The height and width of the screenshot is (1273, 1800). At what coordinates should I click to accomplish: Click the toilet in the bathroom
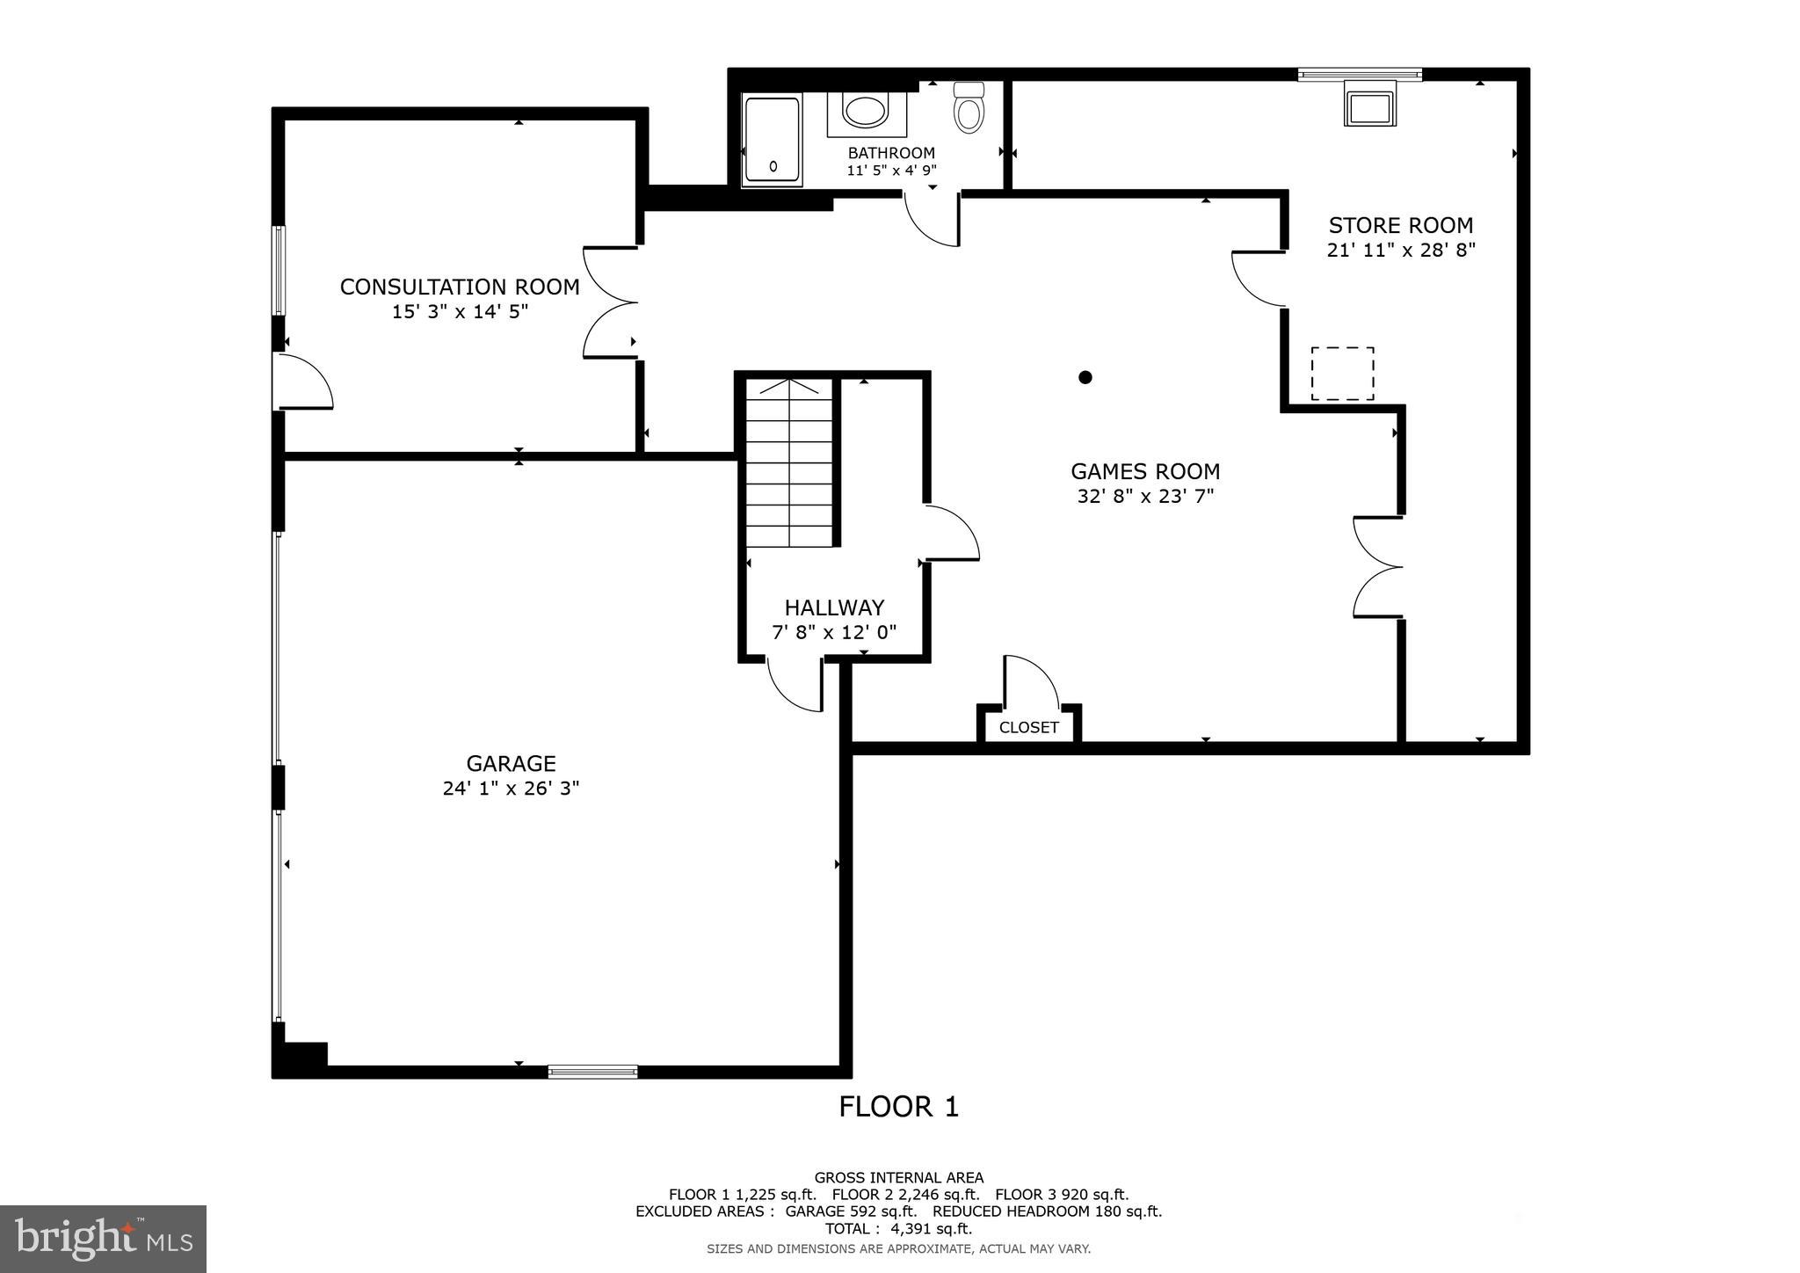(969, 110)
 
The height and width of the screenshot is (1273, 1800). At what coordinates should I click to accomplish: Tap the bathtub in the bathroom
(773, 140)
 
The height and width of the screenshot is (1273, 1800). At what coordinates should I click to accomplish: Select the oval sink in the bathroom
(866, 112)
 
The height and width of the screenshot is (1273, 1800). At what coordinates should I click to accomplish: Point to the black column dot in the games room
(1085, 377)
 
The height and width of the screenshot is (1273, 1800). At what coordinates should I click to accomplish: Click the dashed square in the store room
(1342, 374)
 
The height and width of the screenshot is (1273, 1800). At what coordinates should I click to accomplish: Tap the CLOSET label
(1028, 728)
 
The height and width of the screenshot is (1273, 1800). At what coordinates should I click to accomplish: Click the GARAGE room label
(511, 763)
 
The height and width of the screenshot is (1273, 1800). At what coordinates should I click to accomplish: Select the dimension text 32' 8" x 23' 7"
(1145, 496)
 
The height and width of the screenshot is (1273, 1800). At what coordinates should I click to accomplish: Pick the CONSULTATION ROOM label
(460, 287)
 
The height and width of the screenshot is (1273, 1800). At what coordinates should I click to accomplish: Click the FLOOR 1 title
(898, 1107)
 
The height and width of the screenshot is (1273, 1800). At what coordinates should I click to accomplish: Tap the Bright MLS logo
(103, 1240)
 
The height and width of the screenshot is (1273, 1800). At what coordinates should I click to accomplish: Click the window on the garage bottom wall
(592, 1071)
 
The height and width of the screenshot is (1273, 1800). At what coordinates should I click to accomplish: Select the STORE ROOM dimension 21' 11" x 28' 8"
(1400, 250)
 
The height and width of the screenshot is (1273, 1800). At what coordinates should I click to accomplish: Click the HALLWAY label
(834, 607)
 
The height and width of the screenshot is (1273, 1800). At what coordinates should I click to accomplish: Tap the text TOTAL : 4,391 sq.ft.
(898, 1229)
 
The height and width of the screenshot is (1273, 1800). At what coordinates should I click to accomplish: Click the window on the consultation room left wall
(279, 270)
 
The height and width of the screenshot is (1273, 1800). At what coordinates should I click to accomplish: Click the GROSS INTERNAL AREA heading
(898, 1178)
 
